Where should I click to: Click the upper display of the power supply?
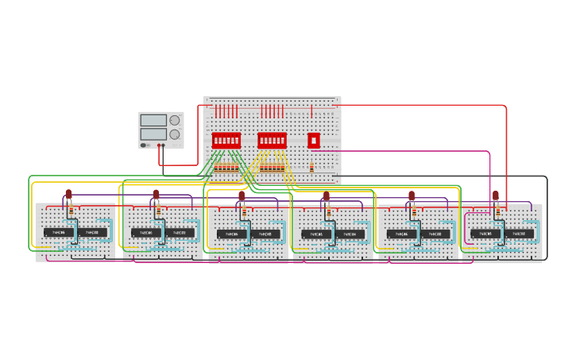[x=153, y=120]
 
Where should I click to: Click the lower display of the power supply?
[x=153, y=134]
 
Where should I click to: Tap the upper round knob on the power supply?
[x=175, y=120]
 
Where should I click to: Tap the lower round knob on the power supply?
[x=175, y=134]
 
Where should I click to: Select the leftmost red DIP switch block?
[x=226, y=141]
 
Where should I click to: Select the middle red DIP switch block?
[x=272, y=141]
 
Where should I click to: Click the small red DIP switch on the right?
[x=314, y=141]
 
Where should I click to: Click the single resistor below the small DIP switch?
[x=311, y=168]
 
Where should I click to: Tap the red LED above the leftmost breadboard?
[x=68, y=193]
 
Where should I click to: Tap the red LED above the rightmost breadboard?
[x=496, y=195]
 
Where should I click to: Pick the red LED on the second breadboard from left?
[x=156, y=194]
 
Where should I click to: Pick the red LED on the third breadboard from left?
[x=242, y=195]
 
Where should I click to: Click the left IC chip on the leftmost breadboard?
[x=59, y=232]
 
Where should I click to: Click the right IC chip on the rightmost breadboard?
[x=520, y=234]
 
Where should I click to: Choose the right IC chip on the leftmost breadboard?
[x=93, y=232]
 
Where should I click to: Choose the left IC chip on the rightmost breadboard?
[x=485, y=234]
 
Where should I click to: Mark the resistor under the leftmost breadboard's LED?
[x=70, y=211]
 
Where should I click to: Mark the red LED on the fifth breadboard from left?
[x=412, y=195]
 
